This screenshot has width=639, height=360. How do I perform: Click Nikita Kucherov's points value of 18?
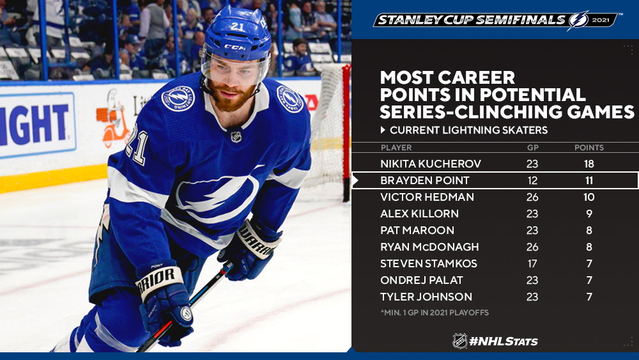click(x=589, y=164)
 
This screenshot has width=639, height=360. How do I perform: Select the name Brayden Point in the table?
click(x=425, y=180)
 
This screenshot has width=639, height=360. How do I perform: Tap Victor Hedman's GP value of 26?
click(x=532, y=198)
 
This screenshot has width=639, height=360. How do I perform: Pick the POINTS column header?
click(x=589, y=148)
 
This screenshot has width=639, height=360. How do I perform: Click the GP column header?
click(x=533, y=148)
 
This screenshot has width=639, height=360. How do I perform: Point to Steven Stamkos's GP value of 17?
click(x=532, y=264)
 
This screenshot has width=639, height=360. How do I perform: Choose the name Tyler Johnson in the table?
click(x=426, y=297)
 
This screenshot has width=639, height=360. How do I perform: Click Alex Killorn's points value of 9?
click(x=589, y=214)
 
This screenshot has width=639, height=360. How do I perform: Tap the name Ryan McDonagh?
click(x=429, y=247)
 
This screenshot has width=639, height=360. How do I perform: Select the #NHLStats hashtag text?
click(x=504, y=341)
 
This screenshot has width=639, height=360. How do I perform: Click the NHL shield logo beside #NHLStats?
click(x=460, y=341)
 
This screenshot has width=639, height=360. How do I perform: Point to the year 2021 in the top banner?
click(x=601, y=20)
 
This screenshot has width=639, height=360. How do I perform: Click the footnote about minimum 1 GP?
click(x=434, y=313)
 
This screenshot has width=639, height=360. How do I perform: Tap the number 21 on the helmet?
click(x=237, y=26)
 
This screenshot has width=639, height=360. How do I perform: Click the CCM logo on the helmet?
click(x=235, y=47)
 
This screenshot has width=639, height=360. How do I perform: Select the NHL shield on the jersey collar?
click(x=236, y=137)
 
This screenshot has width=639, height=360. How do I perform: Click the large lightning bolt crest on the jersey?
click(x=217, y=196)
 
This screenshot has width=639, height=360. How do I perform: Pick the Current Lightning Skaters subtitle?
click(x=468, y=130)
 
